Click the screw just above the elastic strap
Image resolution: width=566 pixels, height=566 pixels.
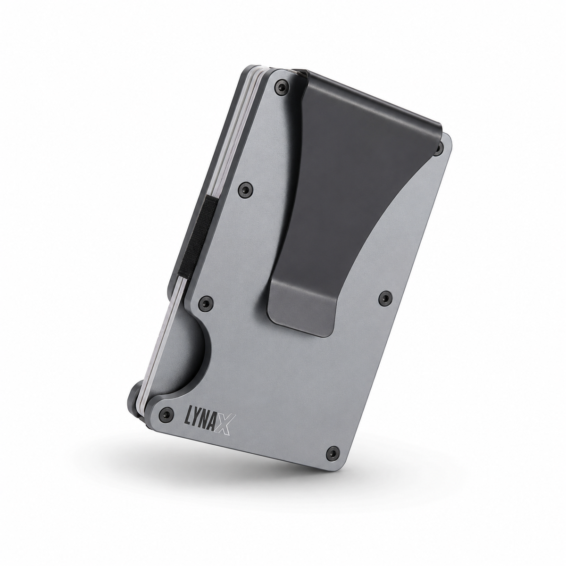(x=245, y=188)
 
